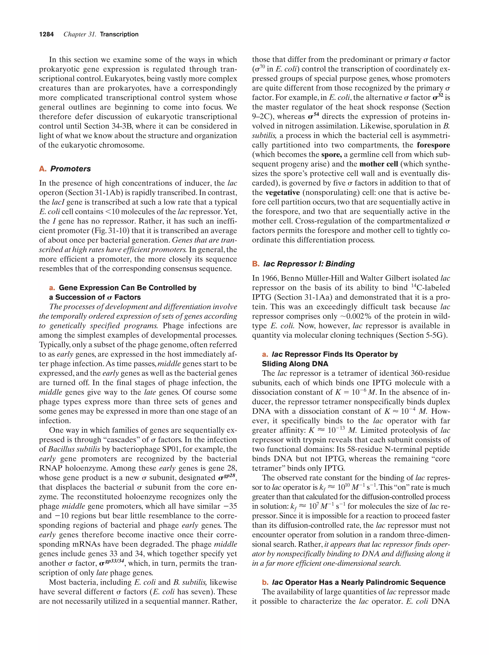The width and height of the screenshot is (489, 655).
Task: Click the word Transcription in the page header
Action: point(119,34)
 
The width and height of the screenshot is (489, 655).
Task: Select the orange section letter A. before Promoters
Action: point(43,169)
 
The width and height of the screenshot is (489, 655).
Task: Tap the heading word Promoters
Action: point(70,169)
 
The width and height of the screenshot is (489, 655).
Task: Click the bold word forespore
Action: point(433,145)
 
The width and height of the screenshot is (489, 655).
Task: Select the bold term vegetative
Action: point(282,193)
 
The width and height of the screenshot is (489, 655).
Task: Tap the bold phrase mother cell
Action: point(379,164)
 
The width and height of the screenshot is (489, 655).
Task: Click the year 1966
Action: point(269,278)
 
